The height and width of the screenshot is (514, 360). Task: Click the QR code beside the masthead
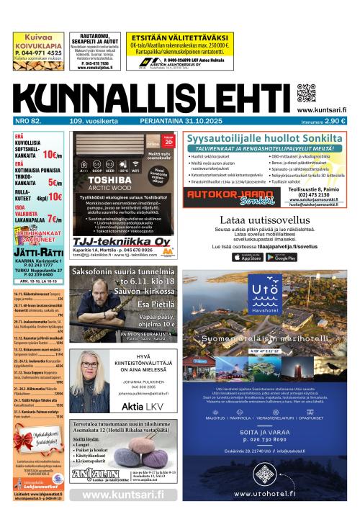(x=306, y=94)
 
